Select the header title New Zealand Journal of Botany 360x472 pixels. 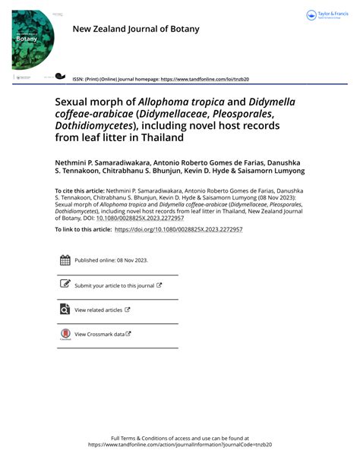136,29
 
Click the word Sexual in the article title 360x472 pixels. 75,102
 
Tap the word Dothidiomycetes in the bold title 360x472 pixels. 92,126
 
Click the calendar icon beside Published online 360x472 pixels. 65,260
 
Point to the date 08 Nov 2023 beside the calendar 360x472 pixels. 130,260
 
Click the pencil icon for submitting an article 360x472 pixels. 65,285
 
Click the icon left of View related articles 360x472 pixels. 65,310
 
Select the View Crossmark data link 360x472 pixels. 99,334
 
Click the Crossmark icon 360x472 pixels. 65,334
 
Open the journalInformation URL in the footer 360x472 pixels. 180,445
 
